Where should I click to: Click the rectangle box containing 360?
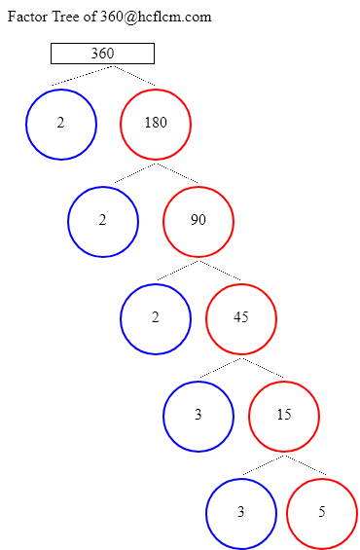click(x=102, y=54)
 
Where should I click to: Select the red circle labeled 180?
click(x=156, y=124)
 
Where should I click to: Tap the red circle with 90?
click(x=198, y=221)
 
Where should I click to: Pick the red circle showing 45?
click(x=241, y=318)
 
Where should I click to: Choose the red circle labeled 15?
click(x=284, y=416)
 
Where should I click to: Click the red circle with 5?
click(x=322, y=513)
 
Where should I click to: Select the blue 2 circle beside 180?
click(x=61, y=124)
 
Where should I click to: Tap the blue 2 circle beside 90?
click(x=103, y=221)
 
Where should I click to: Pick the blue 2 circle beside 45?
click(x=156, y=318)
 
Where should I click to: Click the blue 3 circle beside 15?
click(x=198, y=416)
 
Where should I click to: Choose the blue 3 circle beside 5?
click(x=241, y=513)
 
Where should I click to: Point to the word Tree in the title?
click(x=72, y=17)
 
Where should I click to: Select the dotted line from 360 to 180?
click(x=134, y=75)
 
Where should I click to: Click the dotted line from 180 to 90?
click(x=177, y=172)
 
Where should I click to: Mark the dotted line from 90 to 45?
click(x=220, y=270)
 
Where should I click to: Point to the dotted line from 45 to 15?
click(x=263, y=367)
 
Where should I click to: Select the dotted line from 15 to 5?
click(x=306, y=464)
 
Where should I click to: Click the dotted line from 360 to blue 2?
click(x=83, y=75)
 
